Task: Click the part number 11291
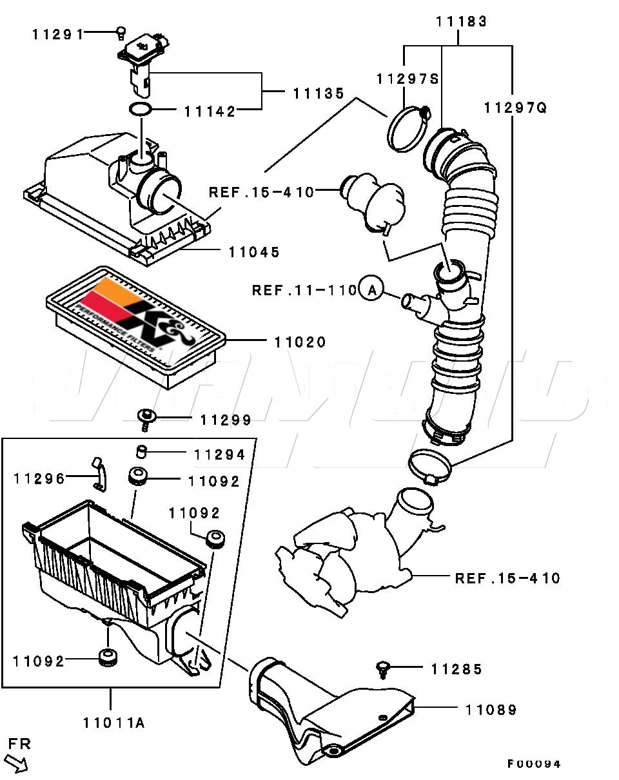click(58, 34)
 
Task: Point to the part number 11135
click(319, 93)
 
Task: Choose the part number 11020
click(300, 342)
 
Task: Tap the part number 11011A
click(113, 723)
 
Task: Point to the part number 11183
click(461, 21)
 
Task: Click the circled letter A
click(370, 291)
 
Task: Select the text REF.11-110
click(304, 291)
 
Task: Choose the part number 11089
click(491, 710)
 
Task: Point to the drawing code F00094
click(533, 765)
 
